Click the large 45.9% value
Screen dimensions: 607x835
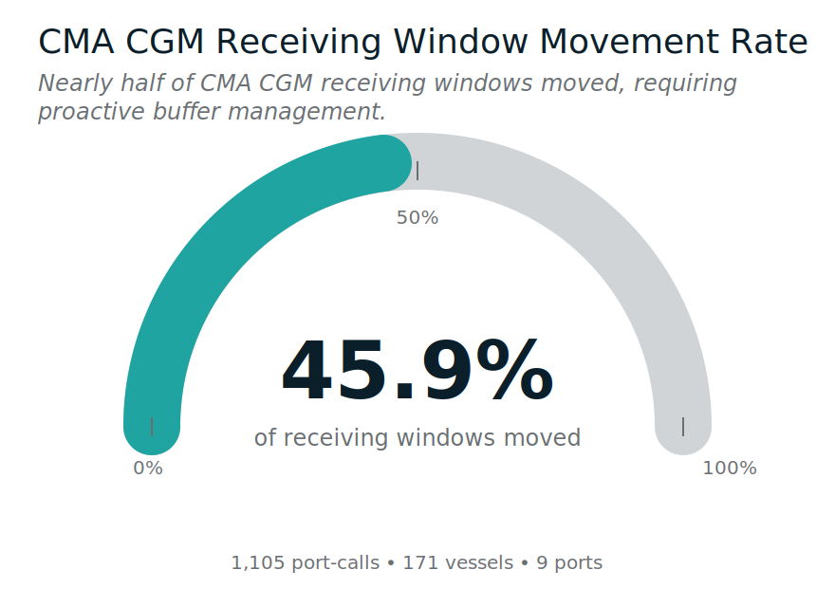click(x=417, y=372)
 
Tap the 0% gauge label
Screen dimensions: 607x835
click(x=148, y=469)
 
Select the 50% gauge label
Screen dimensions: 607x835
click(x=417, y=218)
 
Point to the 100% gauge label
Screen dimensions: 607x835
click(x=729, y=469)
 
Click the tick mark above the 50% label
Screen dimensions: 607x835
click(x=417, y=171)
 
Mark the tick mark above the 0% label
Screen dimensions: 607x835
click(x=152, y=427)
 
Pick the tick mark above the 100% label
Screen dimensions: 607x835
click(x=683, y=427)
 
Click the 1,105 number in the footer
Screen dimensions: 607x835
click(x=258, y=563)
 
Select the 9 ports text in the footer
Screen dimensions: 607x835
click(x=569, y=563)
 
